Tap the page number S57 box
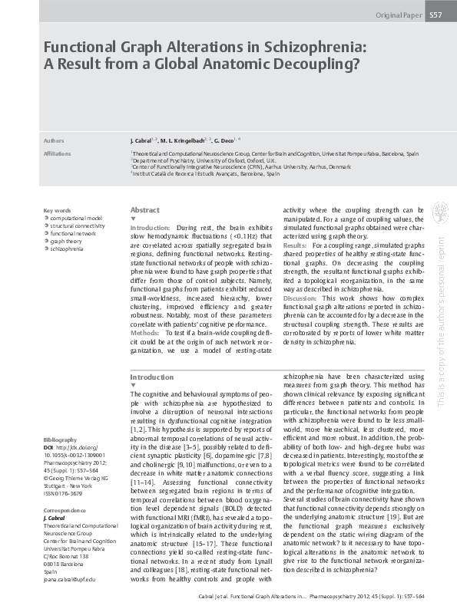click(435, 15)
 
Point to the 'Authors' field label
click(54, 142)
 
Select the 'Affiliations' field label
click(58, 153)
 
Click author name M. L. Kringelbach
click(184, 142)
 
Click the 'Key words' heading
click(58, 210)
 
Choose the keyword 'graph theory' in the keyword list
click(66, 240)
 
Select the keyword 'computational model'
click(77, 218)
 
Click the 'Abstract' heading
click(145, 209)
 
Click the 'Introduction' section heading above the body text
click(152, 377)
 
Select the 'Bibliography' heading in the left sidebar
click(61, 439)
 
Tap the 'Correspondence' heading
click(64, 510)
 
